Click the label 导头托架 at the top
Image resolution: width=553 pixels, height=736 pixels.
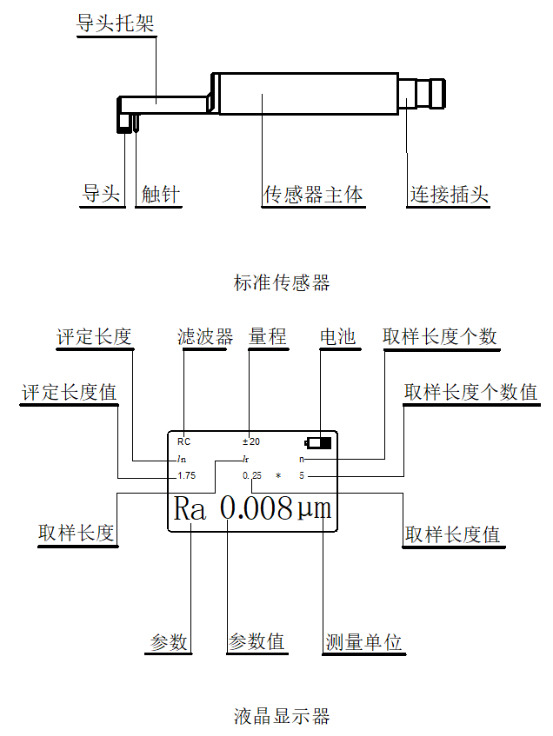116,23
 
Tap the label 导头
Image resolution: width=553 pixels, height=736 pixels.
101,194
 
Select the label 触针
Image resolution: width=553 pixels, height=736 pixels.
161,194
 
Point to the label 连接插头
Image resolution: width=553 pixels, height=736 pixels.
449,194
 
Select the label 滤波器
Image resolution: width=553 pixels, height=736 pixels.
204,336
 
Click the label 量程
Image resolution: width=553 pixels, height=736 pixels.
267,336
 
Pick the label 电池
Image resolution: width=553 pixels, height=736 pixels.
338,336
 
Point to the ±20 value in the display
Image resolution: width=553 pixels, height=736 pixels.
251,441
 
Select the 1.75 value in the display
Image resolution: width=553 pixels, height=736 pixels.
186,475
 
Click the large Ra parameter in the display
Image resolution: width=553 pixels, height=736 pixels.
190,508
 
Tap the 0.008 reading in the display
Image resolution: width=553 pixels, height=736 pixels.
256,508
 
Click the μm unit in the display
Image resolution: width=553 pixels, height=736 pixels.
314,508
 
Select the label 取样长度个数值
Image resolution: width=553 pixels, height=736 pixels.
470,392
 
